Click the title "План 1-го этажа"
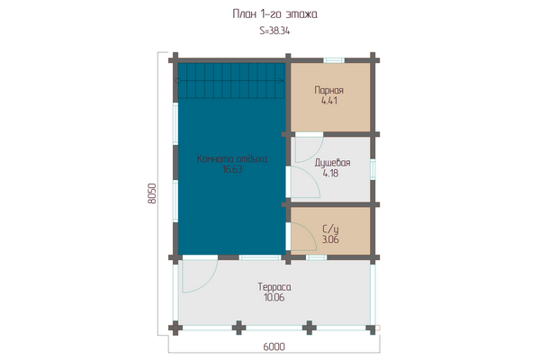pos(274,14)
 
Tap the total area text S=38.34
pos(274,31)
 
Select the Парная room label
pos(328,90)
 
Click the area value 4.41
pos(328,101)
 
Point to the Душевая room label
pos(332,163)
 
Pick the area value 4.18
pos(330,174)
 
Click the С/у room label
pos(330,229)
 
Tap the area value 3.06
pos(330,239)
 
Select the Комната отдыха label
pos(232,158)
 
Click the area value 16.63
pos(232,169)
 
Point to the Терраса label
pos(274,287)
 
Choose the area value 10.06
pos(274,298)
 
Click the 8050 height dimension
pos(152,193)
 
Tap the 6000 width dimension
pos(274,346)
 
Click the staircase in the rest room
pos(231,81)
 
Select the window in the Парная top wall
pos(334,60)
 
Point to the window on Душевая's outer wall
pos(373,169)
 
